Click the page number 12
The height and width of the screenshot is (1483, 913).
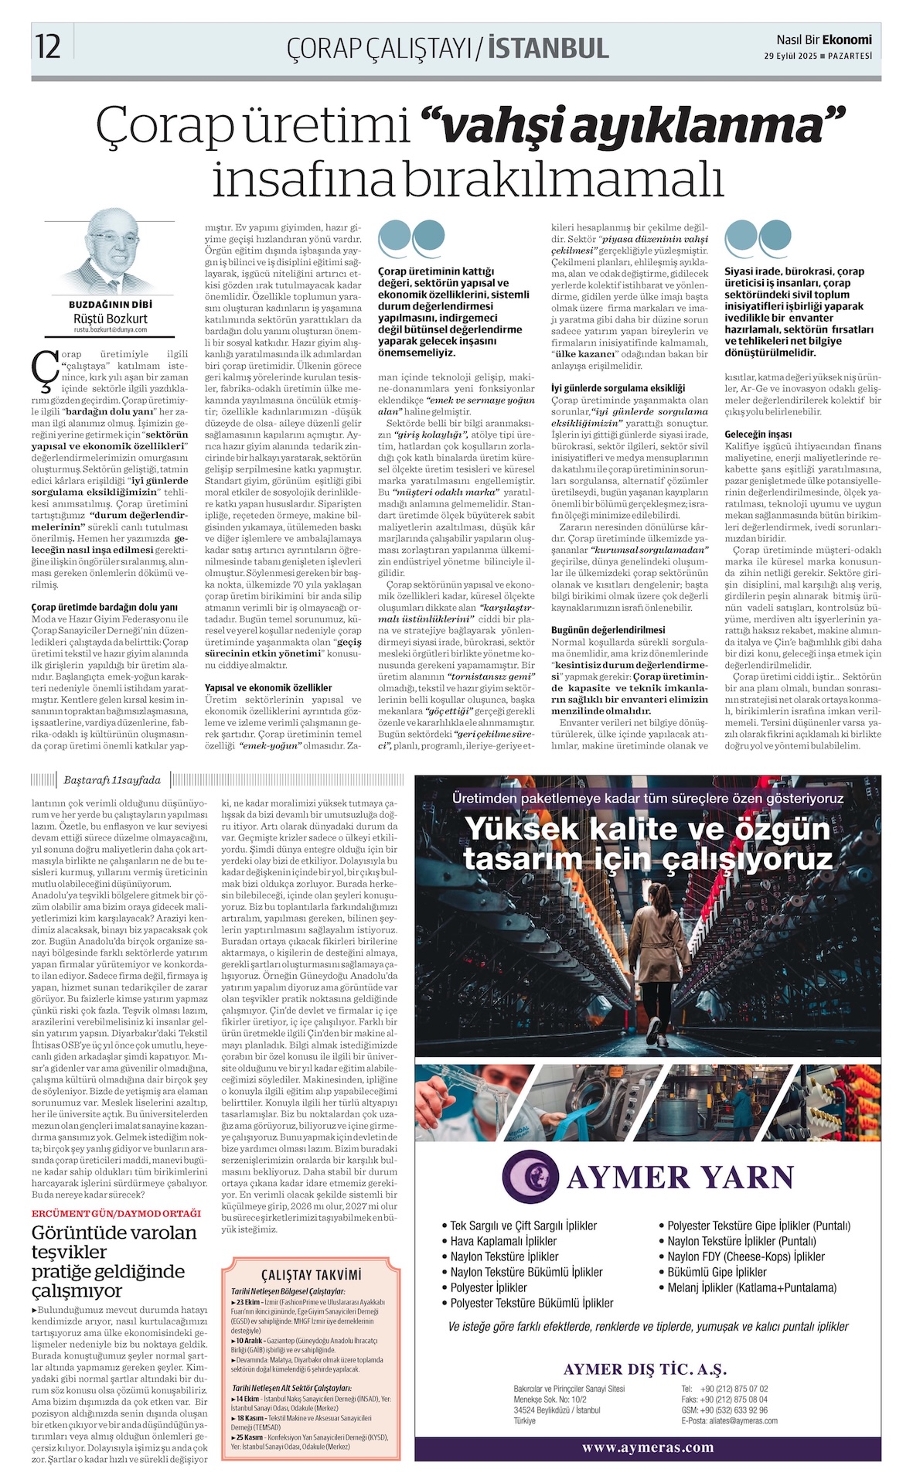point(48,46)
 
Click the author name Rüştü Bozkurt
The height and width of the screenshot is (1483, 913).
point(111,318)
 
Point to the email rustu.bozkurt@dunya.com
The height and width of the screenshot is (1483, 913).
point(111,329)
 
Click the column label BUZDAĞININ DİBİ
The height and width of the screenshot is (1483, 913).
point(111,305)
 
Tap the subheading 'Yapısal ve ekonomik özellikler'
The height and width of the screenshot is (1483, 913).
point(268,687)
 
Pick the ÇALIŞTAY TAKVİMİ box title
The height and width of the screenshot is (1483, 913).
point(311,1274)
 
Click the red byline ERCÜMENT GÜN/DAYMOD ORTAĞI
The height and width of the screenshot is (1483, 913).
point(116,1212)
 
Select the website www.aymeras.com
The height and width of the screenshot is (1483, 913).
point(648,1447)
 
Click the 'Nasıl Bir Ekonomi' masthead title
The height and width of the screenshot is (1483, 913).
point(824,39)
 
